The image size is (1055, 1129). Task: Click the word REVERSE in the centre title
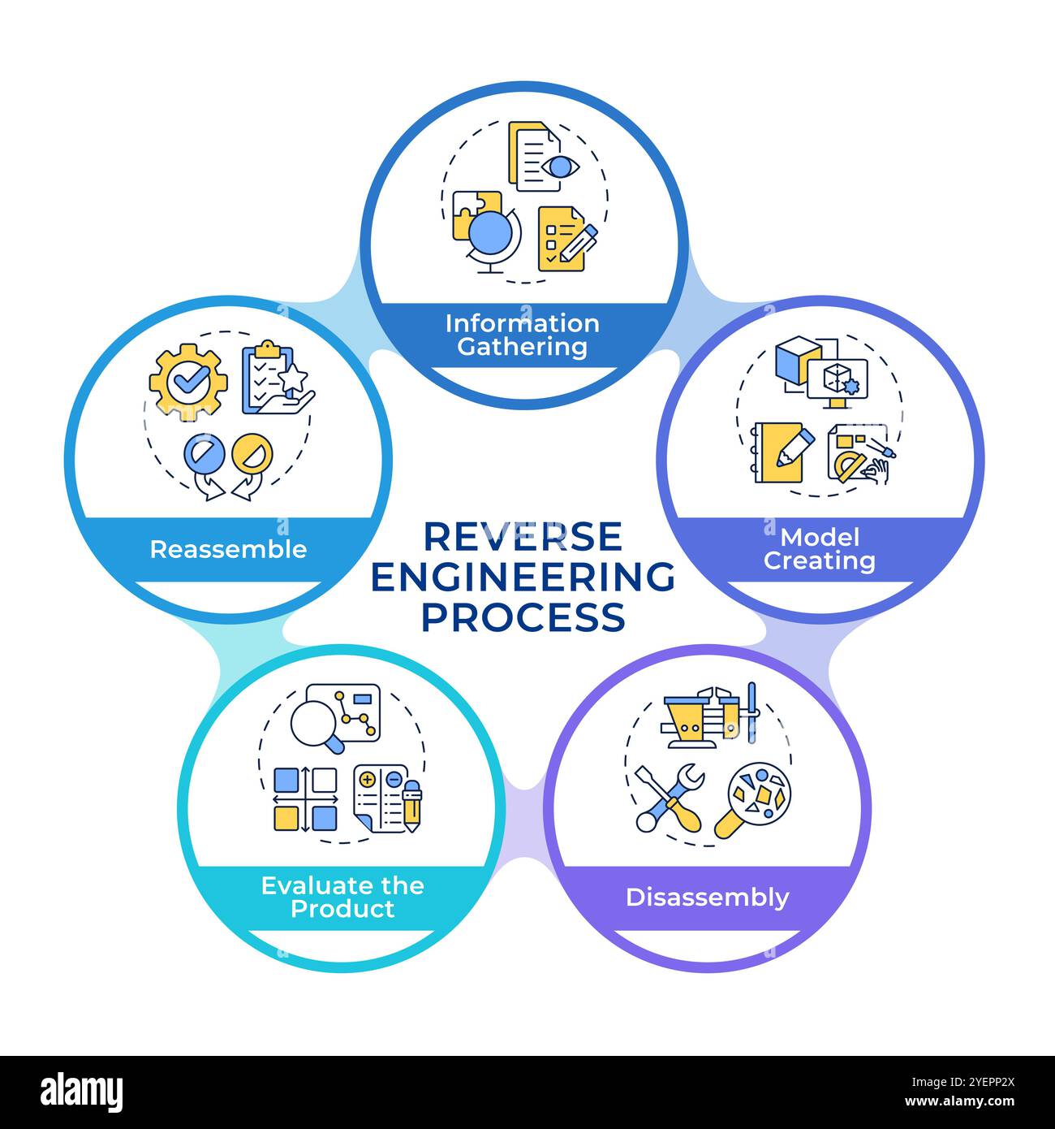pyautogui.click(x=523, y=536)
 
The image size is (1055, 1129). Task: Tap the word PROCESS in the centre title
pyautogui.click(x=523, y=617)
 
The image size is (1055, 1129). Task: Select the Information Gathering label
pyautogui.click(x=523, y=335)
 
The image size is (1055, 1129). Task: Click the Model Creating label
pyautogui.click(x=819, y=549)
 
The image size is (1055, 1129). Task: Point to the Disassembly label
pyautogui.click(x=707, y=898)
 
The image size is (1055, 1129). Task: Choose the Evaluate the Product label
pyautogui.click(x=342, y=897)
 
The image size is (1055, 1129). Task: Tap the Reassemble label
pyautogui.click(x=228, y=549)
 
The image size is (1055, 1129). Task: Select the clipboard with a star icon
pyautogui.click(x=276, y=380)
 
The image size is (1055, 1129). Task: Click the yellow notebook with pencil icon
pyautogui.click(x=780, y=452)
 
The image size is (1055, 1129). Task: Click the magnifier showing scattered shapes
pyautogui.click(x=752, y=799)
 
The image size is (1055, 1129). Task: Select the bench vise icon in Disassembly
pyautogui.click(x=708, y=715)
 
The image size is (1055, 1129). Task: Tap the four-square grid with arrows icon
pyautogui.click(x=305, y=798)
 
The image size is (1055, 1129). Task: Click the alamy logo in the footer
pyautogui.click(x=83, y=1091)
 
